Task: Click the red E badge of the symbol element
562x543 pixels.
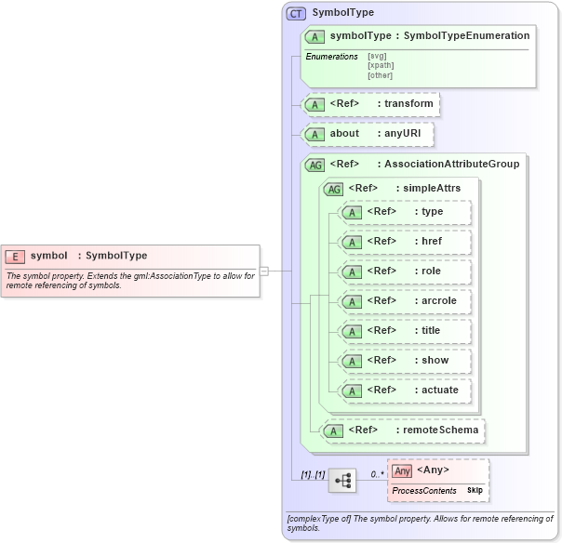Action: pyautogui.click(x=15, y=256)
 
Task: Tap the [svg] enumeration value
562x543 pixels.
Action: pyautogui.click(x=377, y=56)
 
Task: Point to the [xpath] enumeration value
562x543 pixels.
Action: pyautogui.click(x=380, y=66)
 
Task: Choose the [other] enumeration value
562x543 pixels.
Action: pyautogui.click(x=380, y=75)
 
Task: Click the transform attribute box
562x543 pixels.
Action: pyautogui.click(x=371, y=103)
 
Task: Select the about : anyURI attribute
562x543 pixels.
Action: pyautogui.click(x=369, y=134)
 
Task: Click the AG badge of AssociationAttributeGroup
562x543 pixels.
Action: pyautogui.click(x=316, y=165)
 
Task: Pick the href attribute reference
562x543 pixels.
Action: pyautogui.click(x=406, y=242)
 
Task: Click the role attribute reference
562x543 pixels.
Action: pyautogui.click(x=406, y=271)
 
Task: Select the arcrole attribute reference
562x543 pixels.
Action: pyautogui.click(x=406, y=301)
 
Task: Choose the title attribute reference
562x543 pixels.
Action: pyautogui.click(x=406, y=331)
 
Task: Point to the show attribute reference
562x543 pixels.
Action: pyautogui.click(x=406, y=361)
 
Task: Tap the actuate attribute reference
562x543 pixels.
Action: pyautogui.click(x=406, y=391)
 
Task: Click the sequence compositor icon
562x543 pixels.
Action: pyautogui.click(x=342, y=481)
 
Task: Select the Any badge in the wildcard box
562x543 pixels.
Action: pyautogui.click(x=402, y=471)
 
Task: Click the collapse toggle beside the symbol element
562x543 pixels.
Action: pyautogui.click(x=264, y=271)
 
